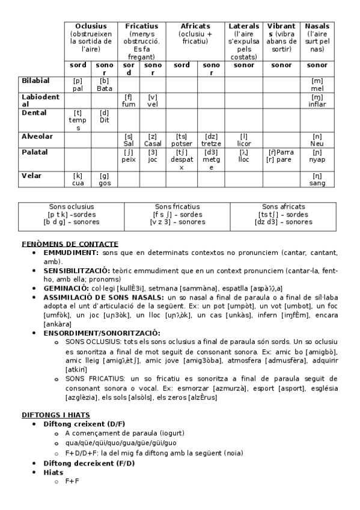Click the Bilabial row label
pos(35,81)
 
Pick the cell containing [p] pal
pos(78,84)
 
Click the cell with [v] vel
pos(153,100)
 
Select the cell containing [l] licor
pos(244,140)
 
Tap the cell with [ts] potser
pos(182,140)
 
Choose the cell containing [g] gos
pos(105,179)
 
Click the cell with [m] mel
pos(317,84)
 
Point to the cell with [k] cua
pos(78,179)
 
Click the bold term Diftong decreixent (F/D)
pos(89,462)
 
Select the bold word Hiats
pos(53,472)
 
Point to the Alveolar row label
pos(37,137)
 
